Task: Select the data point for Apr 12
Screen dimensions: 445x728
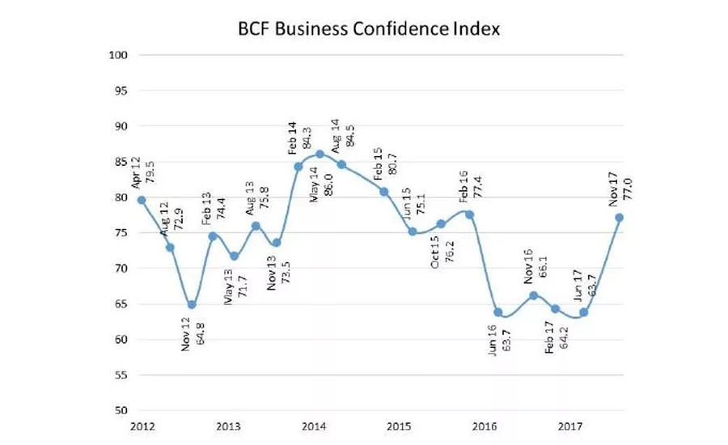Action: [x=141, y=200]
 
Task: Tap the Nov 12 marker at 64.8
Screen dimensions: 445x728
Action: [x=192, y=305]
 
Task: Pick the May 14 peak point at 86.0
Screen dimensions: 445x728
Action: [x=320, y=154]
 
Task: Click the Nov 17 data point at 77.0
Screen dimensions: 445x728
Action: [x=620, y=218]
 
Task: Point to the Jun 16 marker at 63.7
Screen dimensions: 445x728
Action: [x=498, y=312]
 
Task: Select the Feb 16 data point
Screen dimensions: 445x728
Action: [x=470, y=214]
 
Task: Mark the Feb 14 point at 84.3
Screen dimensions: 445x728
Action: [x=298, y=167]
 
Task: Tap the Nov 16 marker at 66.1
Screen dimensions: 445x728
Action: [x=534, y=295]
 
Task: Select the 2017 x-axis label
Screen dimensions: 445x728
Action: [x=572, y=426]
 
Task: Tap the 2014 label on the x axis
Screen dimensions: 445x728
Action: [x=314, y=426]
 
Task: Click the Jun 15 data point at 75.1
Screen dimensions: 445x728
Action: [x=413, y=231]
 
